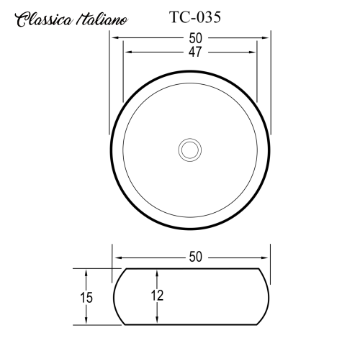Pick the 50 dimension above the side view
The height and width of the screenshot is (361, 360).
pyautogui.click(x=191, y=257)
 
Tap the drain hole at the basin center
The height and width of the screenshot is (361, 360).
pyautogui.click(x=190, y=149)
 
